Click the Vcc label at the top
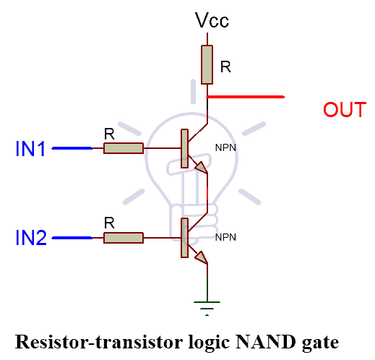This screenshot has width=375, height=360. click(212, 20)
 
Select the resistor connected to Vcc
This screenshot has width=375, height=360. click(207, 64)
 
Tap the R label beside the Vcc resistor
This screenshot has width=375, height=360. click(225, 67)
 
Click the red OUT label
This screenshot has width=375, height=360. click(345, 110)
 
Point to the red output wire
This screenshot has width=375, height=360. click(246, 97)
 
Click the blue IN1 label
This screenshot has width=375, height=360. click(30, 149)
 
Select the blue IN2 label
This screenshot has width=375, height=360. click(31, 238)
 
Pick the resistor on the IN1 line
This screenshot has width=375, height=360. click(124, 148)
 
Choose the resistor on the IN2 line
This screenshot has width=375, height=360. click(124, 238)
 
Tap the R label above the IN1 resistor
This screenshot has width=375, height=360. click(109, 134)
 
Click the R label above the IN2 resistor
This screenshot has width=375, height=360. click(109, 223)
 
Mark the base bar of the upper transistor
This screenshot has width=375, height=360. click(184, 148)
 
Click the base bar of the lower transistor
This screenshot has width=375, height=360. click(184, 238)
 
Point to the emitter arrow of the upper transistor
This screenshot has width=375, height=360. click(202, 167)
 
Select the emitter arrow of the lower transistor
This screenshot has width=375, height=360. click(202, 258)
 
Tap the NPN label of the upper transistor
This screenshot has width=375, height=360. click(225, 147)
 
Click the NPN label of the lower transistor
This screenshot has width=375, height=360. click(225, 237)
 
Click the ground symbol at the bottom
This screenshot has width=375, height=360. click(207, 308)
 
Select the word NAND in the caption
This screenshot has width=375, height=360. click(266, 342)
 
